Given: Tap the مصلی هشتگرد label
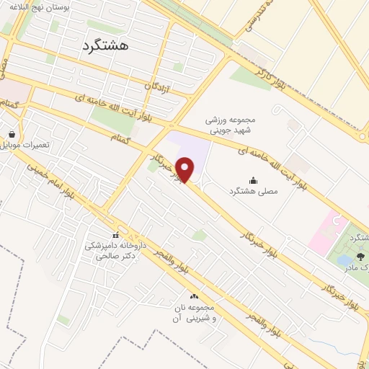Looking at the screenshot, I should (254, 192).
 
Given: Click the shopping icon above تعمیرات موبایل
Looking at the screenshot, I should (12, 134).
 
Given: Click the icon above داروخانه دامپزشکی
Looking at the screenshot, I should (115, 235).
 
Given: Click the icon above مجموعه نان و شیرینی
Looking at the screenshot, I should (193, 296).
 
